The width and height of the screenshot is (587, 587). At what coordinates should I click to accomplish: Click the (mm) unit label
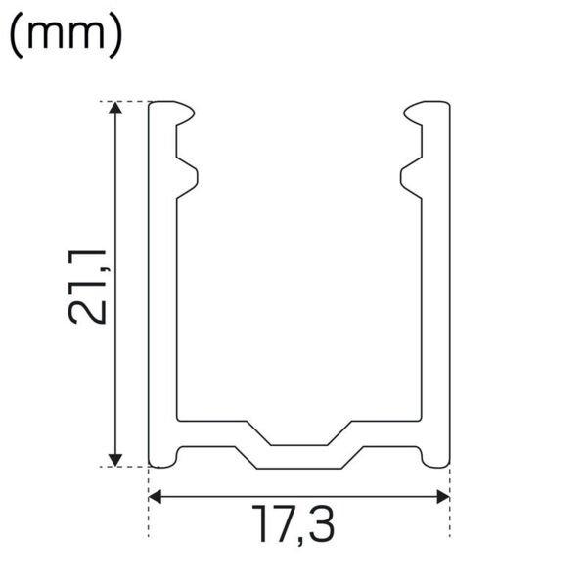coord(66,35)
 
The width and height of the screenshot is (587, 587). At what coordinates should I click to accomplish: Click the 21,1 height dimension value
coord(88,287)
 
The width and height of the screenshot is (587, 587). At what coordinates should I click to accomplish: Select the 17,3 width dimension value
coord(293,524)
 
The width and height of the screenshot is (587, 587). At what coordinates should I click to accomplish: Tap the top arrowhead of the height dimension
coord(115,108)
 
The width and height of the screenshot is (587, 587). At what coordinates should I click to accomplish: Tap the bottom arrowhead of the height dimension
coord(115,460)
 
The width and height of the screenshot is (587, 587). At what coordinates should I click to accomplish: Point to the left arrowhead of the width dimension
coord(155,497)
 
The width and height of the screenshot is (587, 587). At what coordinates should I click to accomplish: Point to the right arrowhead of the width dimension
coord(443,497)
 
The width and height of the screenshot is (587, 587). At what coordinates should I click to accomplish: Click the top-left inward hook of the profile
coord(185,113)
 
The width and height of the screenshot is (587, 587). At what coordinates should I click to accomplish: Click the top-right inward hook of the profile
coord(413,113)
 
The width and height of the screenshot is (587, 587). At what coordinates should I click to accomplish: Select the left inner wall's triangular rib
coord(187,177)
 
